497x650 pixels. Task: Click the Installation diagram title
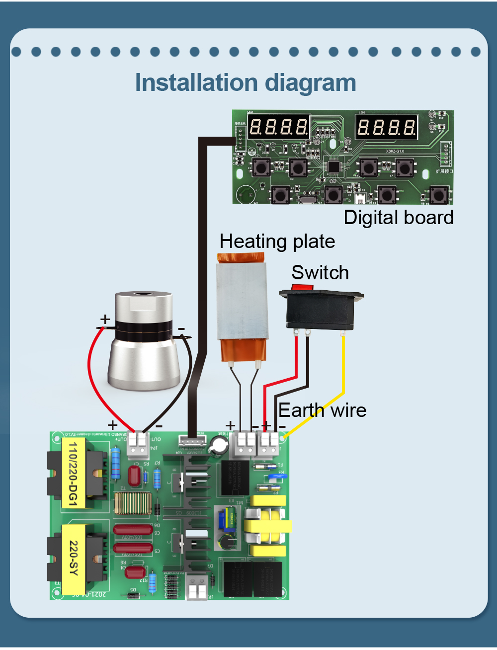coord(246,83)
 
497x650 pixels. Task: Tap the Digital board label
coord(399,218)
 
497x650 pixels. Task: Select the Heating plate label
coord(277,242)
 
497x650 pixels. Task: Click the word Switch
coord(320,273)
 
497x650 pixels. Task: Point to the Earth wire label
coord(322,410)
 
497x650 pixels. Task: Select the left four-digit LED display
coord(278,127)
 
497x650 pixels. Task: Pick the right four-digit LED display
coord(386,127)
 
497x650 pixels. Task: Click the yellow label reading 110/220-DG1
coord(73,473)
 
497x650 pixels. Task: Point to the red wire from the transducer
coord(91,373)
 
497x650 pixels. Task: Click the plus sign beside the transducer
coord(105,319)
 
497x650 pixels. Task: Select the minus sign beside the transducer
coord(181,329)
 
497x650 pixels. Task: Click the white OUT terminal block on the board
coord(138,444)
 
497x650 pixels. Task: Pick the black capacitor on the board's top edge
coord(219,445)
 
